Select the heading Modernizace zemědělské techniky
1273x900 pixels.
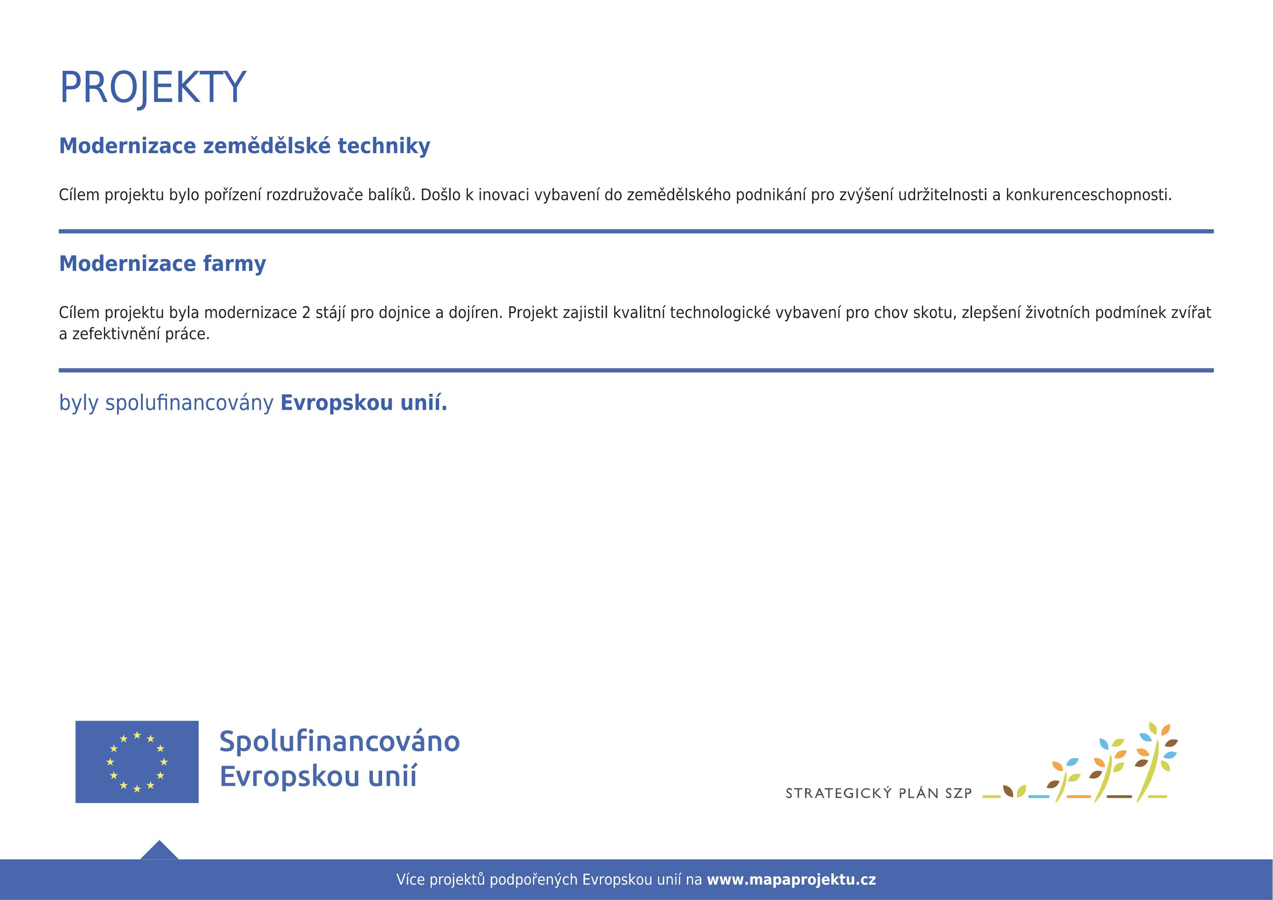click(244, 146)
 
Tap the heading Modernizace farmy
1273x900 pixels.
click(162, 264)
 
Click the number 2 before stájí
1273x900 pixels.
click(306, 313)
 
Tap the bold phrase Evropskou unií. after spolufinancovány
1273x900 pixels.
click(364, 403)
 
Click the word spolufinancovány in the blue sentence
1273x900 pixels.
click(190, 403)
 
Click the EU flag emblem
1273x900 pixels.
click(137, 762)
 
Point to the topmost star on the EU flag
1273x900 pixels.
click(137, 735)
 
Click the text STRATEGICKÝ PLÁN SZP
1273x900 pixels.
click(879, 793)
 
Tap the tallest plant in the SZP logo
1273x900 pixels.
click(1155, 762)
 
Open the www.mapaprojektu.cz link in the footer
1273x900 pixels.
click(791, 880)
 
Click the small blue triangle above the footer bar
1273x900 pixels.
click(159, 850)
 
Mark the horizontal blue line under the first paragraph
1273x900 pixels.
click(636, 231)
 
